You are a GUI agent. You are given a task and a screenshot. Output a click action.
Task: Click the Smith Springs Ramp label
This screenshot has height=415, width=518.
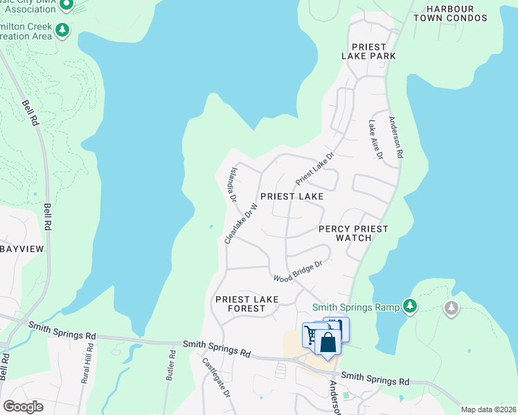click(x=356, y=307)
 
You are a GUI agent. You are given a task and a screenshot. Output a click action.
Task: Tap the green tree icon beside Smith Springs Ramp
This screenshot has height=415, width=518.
click(x=410, y=305)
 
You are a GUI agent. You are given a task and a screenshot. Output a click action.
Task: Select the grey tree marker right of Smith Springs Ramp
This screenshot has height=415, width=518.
click(x=452, y=307)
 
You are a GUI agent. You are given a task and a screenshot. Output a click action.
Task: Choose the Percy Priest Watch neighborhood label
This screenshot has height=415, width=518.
click(x=353, y=233)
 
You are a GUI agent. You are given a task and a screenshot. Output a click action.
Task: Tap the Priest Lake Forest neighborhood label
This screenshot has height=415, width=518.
click(x=247, y=304)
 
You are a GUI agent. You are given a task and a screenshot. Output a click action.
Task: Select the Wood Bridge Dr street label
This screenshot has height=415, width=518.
click(x=298, y=272)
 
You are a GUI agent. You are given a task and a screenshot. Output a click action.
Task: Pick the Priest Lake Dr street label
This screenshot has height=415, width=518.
click(x=315, y=168)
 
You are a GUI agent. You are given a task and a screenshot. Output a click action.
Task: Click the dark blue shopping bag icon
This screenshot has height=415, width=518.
click(x=328, y=341)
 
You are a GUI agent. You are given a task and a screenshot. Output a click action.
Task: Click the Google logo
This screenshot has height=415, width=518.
click(x=23, y=407)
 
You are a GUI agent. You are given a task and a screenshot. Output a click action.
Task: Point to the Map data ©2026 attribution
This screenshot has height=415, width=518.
click(x=488, y=409)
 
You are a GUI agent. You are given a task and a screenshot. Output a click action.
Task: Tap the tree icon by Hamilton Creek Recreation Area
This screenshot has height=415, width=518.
click(x=63, y=30)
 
